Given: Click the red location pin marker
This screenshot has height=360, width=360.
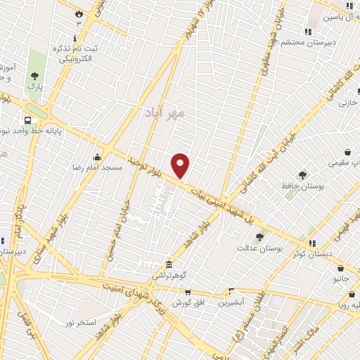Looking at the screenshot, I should pos(181,165).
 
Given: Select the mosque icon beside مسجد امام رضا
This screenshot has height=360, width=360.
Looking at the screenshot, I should pos(96,157).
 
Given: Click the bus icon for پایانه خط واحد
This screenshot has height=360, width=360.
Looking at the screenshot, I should pos(27,120).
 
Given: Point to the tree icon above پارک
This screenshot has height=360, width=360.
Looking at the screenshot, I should pos(34,76).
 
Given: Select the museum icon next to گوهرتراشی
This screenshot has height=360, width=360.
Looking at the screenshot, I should pos(169,265).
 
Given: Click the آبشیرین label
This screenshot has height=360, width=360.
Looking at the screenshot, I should pos(231,303).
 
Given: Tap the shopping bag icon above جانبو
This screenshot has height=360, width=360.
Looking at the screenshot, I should pos(340,268).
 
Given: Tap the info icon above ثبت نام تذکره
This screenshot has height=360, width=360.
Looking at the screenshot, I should pos(75,38).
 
